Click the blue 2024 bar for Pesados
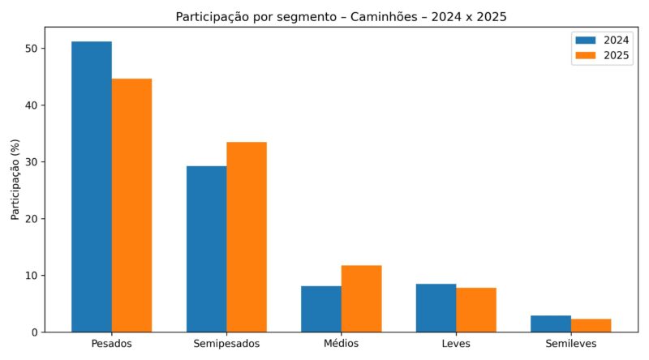[x=92, y=186]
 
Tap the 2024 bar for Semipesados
[x=207, y=249]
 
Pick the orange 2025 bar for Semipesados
[x=247, y=237]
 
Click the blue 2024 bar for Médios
[x=321, y=309]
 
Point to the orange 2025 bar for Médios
[x=361, y=298]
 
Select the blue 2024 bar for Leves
[x=436, y=308]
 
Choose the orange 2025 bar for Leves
[x=476, y=310]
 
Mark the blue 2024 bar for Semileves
[x=551, y=324]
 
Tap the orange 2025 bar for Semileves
[x=591, y=325]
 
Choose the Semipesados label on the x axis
[x=226, y=345]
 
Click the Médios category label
[x=342, y=345]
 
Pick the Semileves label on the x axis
[x=571, y=345]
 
